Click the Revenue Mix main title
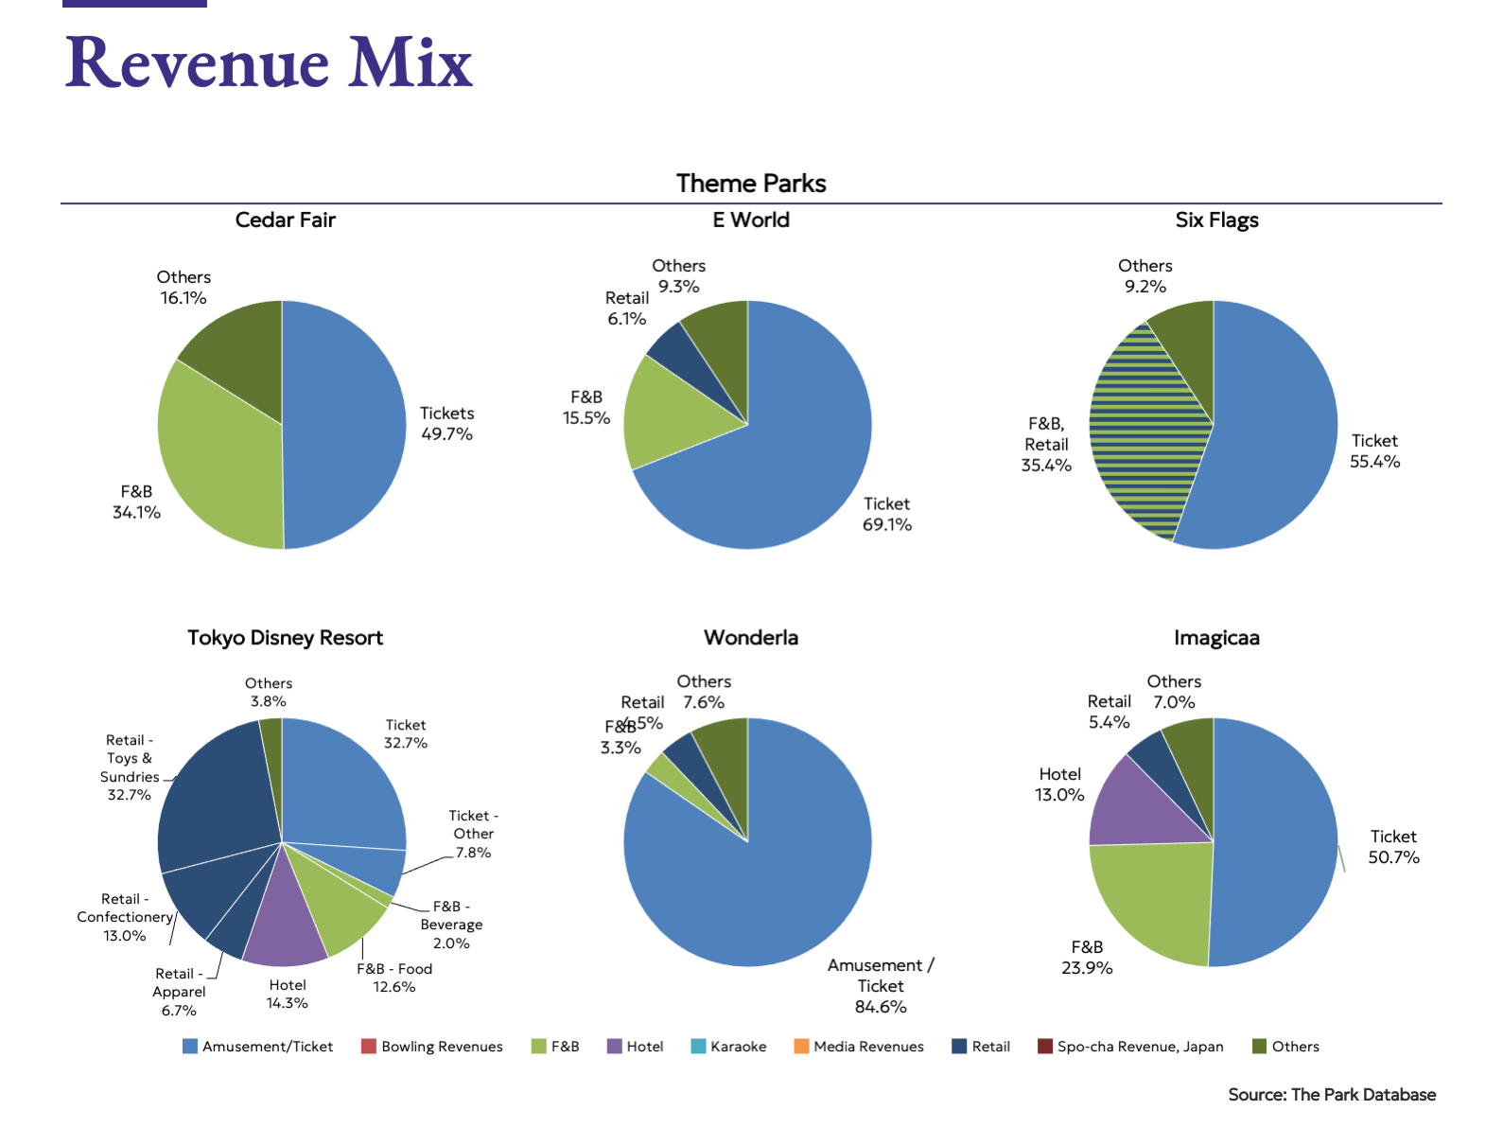269,62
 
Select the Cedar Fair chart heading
285,220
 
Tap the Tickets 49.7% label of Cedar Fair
446,424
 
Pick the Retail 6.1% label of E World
627,308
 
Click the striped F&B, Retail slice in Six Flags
1145,435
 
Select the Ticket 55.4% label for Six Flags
1374,451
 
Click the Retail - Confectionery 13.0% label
125,917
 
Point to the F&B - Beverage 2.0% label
451,925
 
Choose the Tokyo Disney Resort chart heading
285,638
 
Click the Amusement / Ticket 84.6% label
881,985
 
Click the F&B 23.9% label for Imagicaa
1087,958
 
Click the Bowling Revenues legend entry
432,1047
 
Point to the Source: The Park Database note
1332,1095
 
